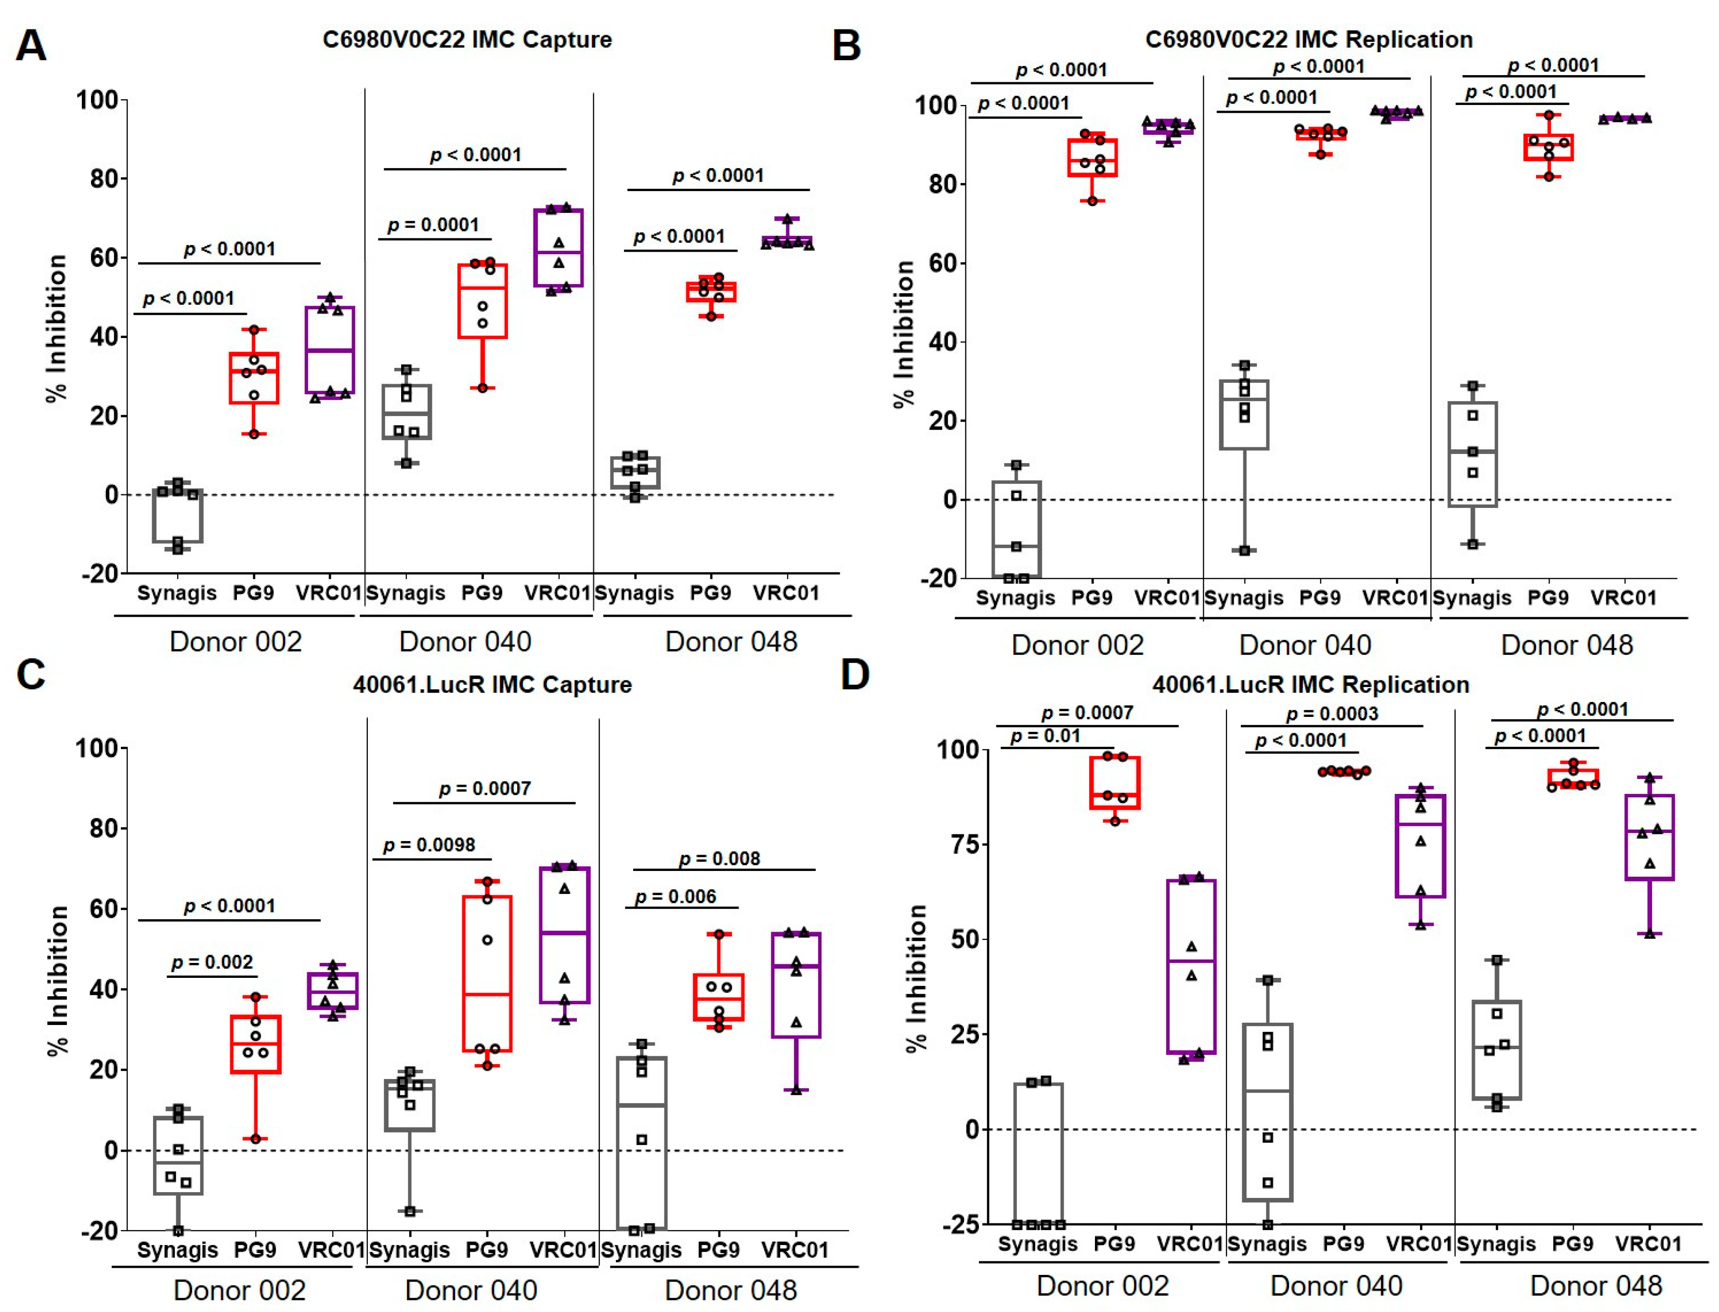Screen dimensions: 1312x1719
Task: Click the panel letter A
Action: tap(31, 45)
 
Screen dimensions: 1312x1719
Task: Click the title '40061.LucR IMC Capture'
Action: tap(492, 685)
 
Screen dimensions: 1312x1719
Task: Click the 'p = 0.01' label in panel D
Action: tap(1045, 736)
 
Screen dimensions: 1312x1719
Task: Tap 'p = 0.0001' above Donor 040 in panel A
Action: tap(433, 225)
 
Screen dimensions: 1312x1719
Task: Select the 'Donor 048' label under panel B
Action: tap(1567, 645)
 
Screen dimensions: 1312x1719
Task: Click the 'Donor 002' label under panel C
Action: tap(239, 1290)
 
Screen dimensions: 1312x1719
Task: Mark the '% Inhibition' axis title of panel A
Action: tap(56, 328)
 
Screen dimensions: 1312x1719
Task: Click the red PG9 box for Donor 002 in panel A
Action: tap(254, 378)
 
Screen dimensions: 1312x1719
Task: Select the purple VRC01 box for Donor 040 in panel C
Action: tap(564, 935)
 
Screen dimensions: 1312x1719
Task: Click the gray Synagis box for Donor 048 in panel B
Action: tap(1472, 455)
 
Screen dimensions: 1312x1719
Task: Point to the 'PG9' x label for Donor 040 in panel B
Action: tap(1320, 598)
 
